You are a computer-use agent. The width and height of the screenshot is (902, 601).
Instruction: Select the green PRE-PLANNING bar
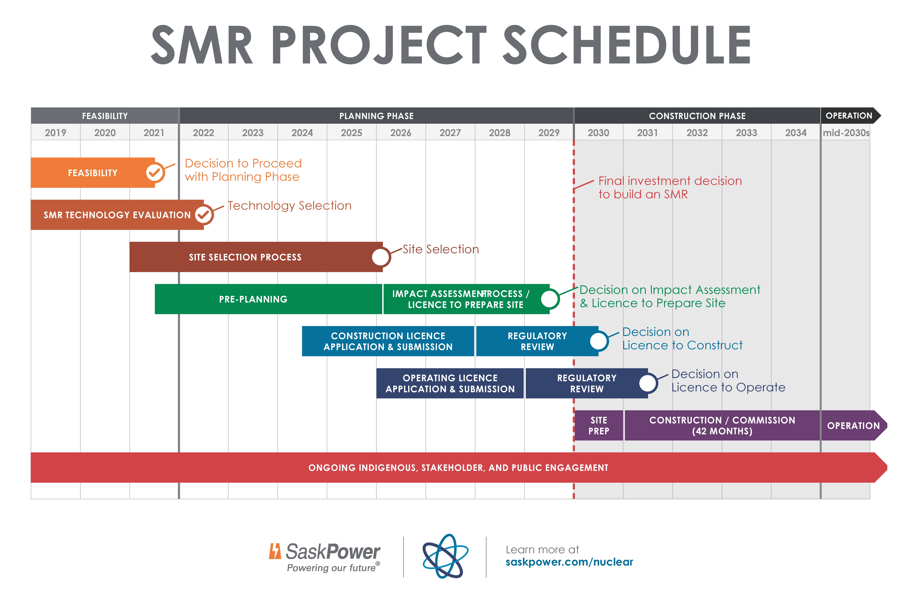253,299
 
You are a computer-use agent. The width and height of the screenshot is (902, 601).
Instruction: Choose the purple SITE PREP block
599,425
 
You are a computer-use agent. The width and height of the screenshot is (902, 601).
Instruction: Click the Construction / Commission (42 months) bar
722,425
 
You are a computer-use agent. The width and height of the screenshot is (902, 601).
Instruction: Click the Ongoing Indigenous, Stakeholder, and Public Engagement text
458,468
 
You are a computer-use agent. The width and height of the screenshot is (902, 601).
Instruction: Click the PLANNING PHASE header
376,116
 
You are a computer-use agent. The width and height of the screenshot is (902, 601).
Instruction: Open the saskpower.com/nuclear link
569,562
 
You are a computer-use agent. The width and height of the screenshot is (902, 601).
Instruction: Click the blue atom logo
445,556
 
